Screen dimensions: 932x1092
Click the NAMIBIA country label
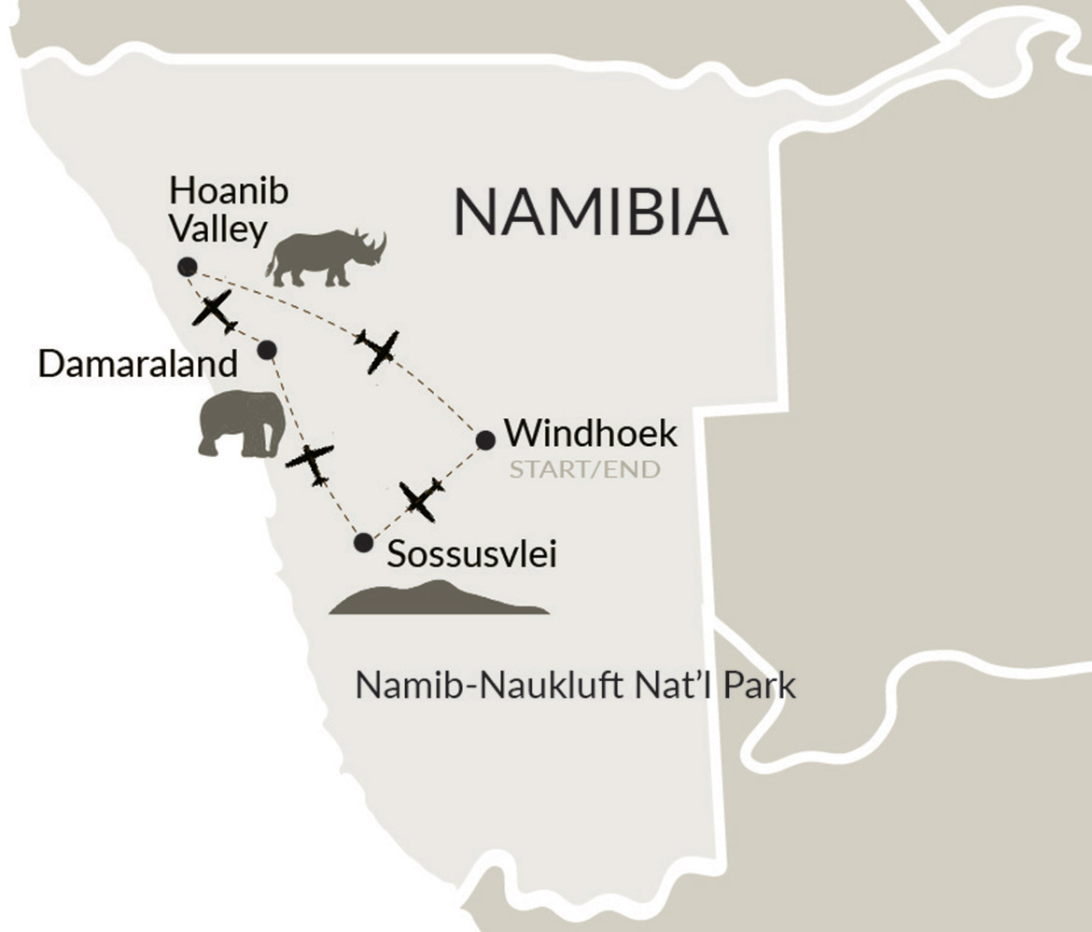pos(590,212)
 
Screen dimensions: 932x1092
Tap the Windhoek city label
pos(590,435)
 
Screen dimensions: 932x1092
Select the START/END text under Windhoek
pos(584,469)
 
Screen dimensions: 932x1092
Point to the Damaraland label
pos(137,364)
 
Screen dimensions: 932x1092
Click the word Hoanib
pos(229,192)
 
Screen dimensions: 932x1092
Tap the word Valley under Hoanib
pos(219,230)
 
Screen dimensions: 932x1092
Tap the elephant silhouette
pos(241,424)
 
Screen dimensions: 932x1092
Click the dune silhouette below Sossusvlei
pos(439,600)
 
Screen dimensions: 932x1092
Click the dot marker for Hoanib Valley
pos(188,266)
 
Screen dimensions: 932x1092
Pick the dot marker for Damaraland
pos(267,349)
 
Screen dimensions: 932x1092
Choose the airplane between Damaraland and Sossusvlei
pos(310,463)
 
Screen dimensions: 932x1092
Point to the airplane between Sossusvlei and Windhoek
pos(420,500)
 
